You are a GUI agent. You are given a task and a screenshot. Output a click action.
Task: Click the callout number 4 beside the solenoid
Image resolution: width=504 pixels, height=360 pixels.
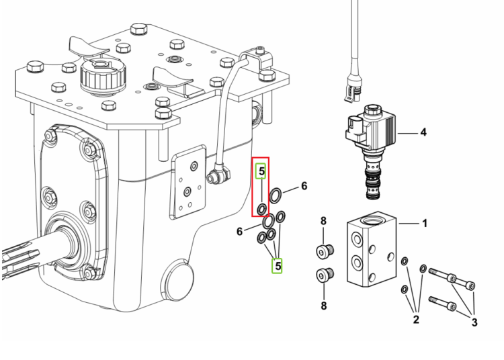pos(423,132)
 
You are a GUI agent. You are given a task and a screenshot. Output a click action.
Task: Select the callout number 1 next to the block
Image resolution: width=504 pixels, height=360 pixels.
pos(425,223)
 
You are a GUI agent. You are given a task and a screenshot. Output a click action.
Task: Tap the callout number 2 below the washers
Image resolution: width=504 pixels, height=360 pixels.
pos(416,320)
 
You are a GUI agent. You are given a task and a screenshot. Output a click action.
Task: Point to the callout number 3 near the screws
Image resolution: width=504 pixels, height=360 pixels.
pos(474,322)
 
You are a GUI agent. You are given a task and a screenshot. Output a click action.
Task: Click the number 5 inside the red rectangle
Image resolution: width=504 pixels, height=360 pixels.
pos(261,171)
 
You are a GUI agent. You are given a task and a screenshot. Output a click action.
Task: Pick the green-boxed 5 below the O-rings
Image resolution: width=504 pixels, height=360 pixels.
pos(278,266)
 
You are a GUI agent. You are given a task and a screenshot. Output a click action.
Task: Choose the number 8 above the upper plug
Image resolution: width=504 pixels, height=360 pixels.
pos(323,221)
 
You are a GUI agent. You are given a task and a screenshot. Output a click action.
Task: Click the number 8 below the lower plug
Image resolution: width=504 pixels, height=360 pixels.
pos(324,306)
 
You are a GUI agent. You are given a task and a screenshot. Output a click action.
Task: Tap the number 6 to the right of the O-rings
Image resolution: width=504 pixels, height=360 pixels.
pos(304,186)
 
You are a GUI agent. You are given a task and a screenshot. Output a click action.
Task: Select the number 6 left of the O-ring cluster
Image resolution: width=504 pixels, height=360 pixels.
pos(239,231)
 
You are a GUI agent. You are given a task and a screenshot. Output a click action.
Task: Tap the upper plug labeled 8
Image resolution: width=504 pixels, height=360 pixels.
pos(325,251)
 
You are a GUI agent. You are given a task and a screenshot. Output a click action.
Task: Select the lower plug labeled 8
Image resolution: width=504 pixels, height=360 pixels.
pos(325,275)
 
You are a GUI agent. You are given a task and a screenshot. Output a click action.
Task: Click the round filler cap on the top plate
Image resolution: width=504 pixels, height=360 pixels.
pos(103,77)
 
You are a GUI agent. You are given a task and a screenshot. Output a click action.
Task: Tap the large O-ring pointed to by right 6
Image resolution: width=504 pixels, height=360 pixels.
pos(276,195)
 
